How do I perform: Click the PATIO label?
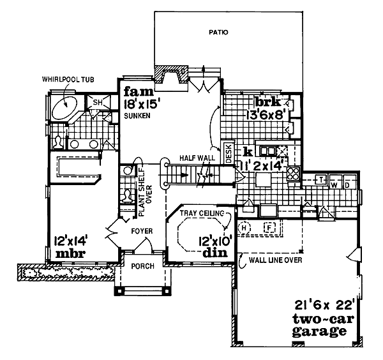pos(218,33)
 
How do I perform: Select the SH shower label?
pos(98,102)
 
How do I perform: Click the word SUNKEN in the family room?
pos(137,116)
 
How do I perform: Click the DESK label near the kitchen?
pos(229,154)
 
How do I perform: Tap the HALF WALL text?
pos(197,158)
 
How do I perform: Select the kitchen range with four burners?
pos(293,174)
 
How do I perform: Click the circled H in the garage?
pos(244,228)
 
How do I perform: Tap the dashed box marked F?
pos(269,228)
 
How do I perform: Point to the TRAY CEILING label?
pos(202,213)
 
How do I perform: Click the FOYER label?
pos(142,231)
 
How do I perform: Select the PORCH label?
pos(143,266)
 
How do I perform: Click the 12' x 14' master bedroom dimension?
pos(71,241)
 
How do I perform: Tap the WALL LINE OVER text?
pos(275,260)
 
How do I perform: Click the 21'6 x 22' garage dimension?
pos(324,305)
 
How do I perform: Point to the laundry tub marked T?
pos(321,180)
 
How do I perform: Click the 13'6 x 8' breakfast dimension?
pos(265,115)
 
